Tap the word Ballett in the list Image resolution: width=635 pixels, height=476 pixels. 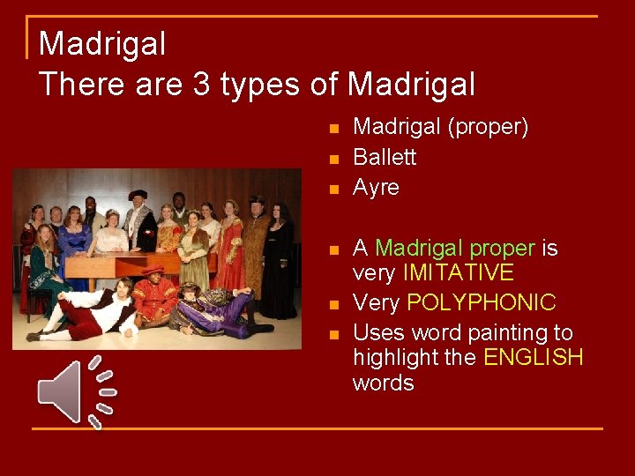[385, 158]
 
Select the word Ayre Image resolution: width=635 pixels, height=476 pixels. [376, 188]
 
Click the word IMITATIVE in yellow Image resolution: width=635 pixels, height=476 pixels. [458, 273]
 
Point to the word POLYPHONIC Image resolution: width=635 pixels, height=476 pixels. [481, 303]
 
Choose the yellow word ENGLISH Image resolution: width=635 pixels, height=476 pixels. [534, 358]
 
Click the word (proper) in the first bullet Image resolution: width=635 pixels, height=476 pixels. [488, 128]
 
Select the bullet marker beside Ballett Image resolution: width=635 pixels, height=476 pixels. [333, 160]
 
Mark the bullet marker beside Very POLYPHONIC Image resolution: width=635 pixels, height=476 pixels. [333, 305]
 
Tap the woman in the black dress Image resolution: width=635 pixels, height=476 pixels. [279, 264]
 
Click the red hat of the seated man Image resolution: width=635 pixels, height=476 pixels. [153, 270]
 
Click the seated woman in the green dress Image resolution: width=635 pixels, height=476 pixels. [43, 264]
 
